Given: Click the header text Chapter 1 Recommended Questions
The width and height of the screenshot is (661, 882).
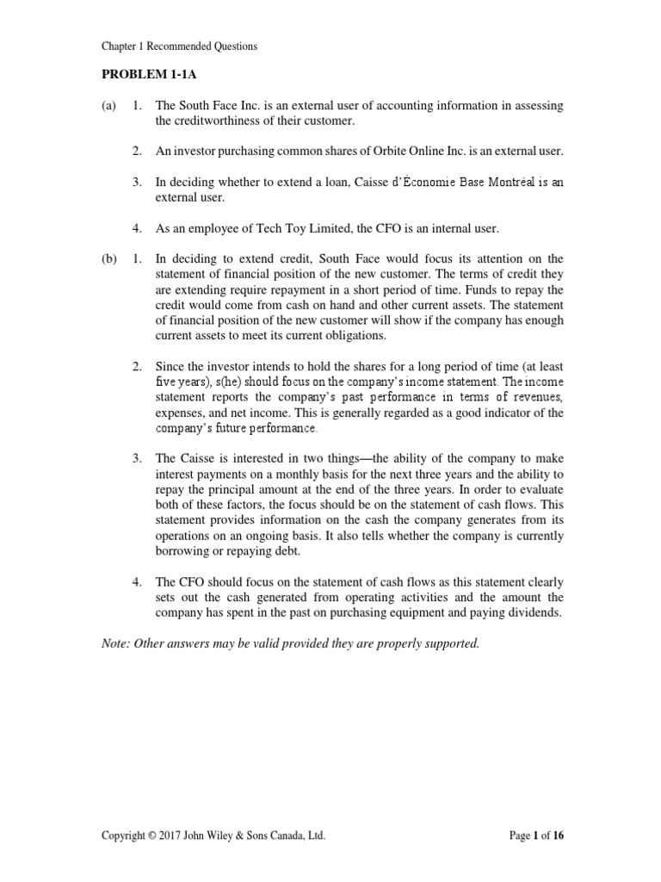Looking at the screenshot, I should (x=179, y=45).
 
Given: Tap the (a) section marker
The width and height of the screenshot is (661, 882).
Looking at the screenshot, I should (x=109, y=105).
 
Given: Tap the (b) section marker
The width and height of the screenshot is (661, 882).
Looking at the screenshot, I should (x=109, y=258).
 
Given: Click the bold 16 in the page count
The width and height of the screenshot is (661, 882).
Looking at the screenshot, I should (x=557, y=835).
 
